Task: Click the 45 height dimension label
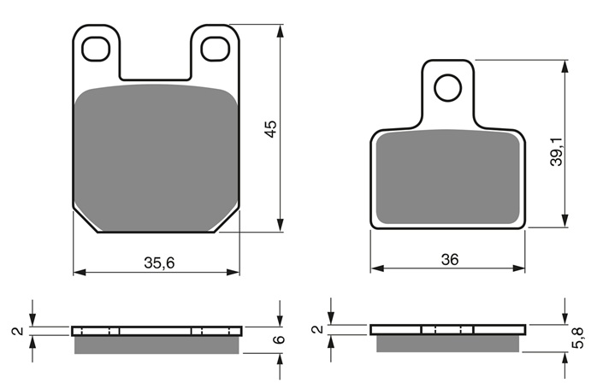point(271,129)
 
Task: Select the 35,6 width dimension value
point(159,263)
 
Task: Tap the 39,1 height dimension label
point(557,152)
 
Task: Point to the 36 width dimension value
point(450,260)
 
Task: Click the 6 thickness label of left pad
point(280,339)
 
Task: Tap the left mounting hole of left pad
point(96,50)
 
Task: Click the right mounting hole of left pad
point(216,49)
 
